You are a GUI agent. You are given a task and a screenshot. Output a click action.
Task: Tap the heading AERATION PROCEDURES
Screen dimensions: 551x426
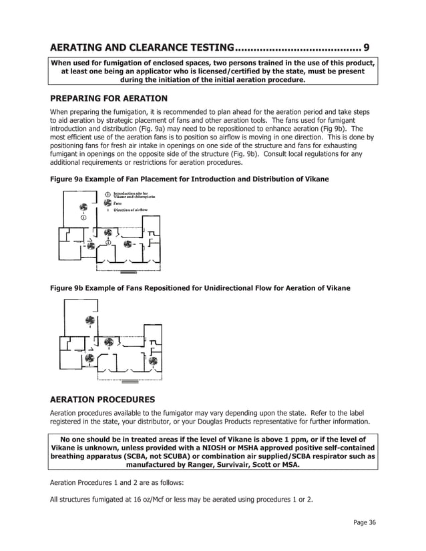pos(103,400)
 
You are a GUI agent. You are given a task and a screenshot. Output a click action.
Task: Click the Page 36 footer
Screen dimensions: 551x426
pos(365,522)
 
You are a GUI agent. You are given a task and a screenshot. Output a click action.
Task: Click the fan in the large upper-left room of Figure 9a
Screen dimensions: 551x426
pos(83,207)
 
